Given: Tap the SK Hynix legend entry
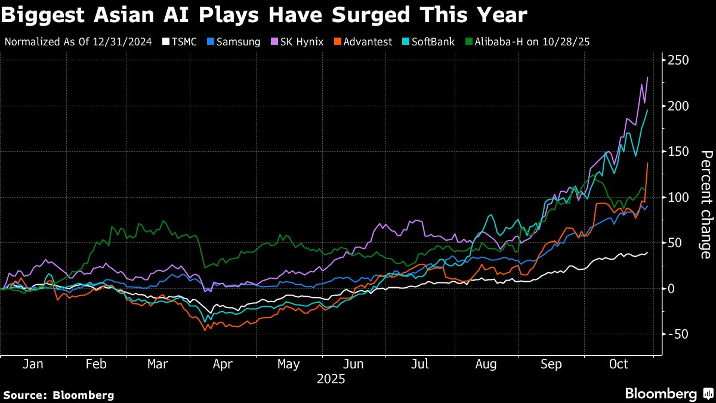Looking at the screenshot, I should (x=298, y=42).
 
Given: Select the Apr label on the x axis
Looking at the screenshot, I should (x=223, y=364).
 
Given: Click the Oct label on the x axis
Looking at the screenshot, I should (x=619, y=364).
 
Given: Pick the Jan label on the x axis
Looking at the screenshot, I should (x=32, y=364).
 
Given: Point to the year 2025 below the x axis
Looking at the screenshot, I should (x=331, y=379).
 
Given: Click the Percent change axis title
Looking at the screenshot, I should (x=705, y=205).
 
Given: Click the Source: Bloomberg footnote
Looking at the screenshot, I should (x=58, y=395).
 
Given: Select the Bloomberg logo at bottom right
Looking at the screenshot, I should (x=667, y=393).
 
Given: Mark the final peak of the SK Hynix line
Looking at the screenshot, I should (x=647, y=77).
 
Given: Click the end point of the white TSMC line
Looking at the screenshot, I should (x=647, y=253).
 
